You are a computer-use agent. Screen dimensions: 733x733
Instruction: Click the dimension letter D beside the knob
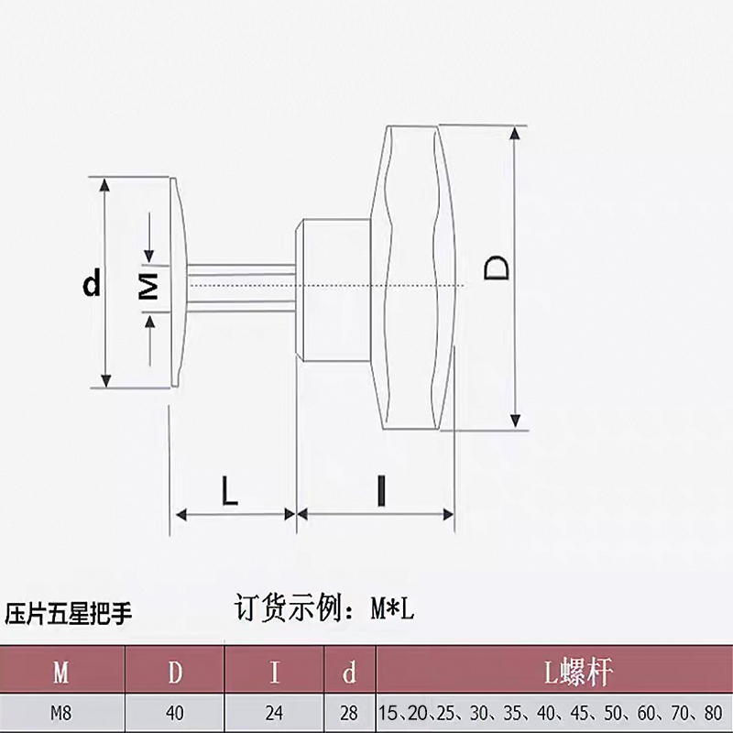pos(496,268)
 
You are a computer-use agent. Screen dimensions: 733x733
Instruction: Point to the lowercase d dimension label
pos(92,282)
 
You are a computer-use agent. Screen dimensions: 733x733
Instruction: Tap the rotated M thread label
pos(148,285)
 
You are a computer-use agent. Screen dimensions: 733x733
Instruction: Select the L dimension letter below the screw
pos(230,491)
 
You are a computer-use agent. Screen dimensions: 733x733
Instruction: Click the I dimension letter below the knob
pos(381,491)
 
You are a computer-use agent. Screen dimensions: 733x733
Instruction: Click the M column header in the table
pos(61,673)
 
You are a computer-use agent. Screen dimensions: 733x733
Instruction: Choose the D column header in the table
pos(175,673)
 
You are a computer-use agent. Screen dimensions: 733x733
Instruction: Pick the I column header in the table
pos(274,673)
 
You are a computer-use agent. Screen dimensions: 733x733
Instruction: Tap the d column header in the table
pos(349,673)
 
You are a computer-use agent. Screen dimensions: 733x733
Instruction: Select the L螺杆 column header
pos(578,673)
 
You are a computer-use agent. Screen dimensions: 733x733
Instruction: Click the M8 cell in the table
pos(61,713)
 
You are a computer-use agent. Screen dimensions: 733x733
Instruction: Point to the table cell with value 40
pos(175,713)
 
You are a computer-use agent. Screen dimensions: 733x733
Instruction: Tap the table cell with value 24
pos(274,713)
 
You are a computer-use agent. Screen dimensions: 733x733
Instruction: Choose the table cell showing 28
pos(349,713)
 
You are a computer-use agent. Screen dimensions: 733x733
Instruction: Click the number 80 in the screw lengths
pos(713,713)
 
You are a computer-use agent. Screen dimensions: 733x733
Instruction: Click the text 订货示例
pos(287,607)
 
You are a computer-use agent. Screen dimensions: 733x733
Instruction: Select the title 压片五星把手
pos(68,613)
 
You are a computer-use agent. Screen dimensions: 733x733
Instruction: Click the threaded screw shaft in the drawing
pos(241,285)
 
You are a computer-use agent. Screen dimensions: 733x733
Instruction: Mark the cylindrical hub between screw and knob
pos(334,290)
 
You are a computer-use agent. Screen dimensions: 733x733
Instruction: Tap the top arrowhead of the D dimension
pos(515,133)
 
